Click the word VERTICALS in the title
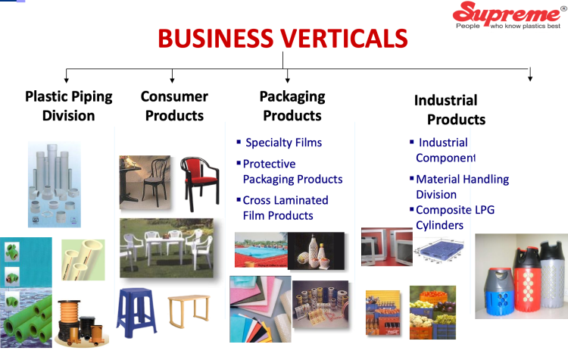click(x=336, y=39)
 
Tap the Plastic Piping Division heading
click(x=69, y=106)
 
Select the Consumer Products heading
click(x=174, y=106)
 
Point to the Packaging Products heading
click(x=292, y=106)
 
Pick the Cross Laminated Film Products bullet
click(x=285, y=208)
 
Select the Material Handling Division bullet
click(x=462, y=186)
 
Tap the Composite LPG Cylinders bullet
click(x=454, y=218)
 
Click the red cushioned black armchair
click(x=198, y=183)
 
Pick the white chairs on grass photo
click(x=166, y=248)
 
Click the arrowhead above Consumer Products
click(x=173, y=78)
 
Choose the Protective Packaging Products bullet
click(x=292, y=172)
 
